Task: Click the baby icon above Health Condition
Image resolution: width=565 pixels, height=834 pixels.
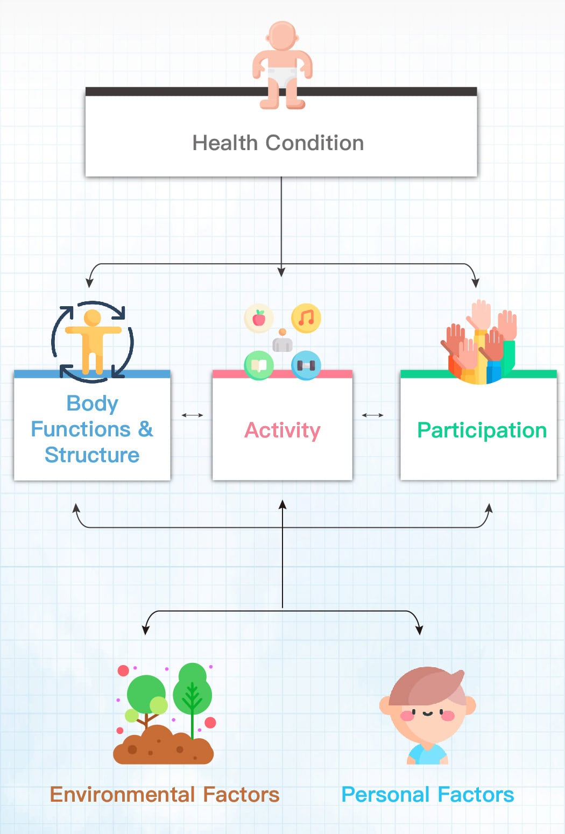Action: click(282, 65)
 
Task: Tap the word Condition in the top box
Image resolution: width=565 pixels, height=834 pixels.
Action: click(315, 143)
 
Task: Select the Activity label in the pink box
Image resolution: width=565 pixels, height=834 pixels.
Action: click(282, 430)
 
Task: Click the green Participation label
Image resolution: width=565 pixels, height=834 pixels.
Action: click(482, 430)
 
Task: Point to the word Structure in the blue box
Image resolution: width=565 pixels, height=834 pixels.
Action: click(92, 455)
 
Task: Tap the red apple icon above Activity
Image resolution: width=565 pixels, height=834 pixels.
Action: click(259, 318)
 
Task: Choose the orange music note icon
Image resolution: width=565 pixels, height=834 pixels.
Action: click(306, 318)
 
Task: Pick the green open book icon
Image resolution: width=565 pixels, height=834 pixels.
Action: click(259, 365)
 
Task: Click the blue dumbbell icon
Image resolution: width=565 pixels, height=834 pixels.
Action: click(306, 365)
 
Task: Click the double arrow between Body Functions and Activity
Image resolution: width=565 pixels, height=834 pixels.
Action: click(192, 415)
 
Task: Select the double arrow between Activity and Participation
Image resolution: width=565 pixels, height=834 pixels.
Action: click(372, 415)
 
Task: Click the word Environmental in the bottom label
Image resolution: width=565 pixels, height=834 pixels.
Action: click(122, 795)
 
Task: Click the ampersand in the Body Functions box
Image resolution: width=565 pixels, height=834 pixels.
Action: click(146, 429)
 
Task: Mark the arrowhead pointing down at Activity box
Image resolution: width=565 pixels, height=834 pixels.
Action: click(281, 272)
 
